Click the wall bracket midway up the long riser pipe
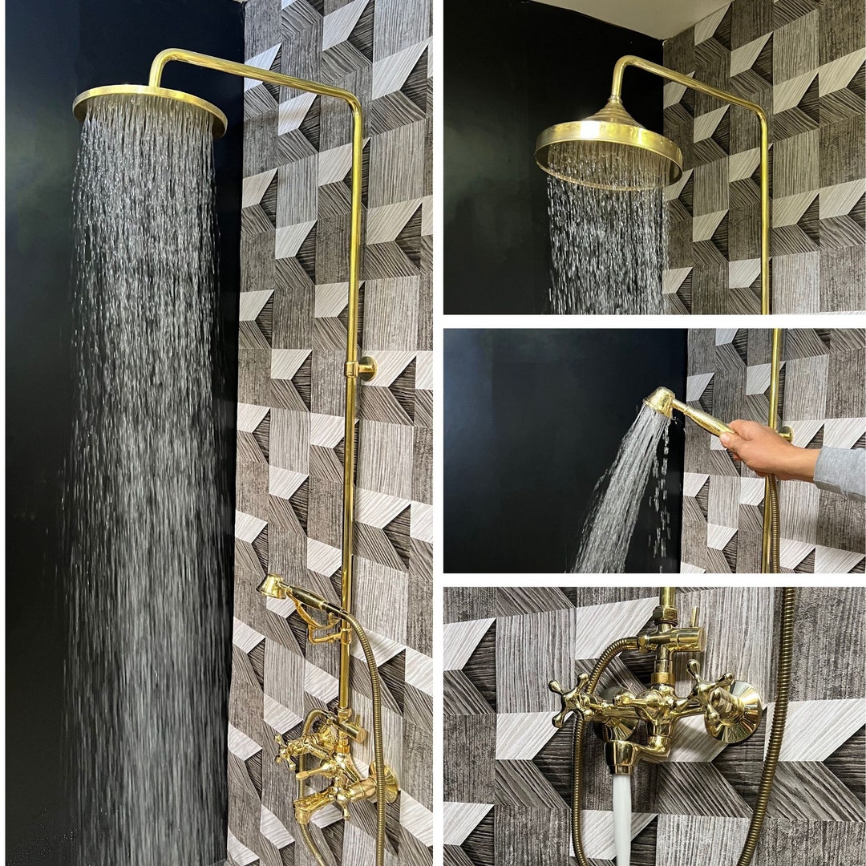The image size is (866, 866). click(x=362, y=369)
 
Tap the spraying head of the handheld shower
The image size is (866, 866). click(x=662, y=401)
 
